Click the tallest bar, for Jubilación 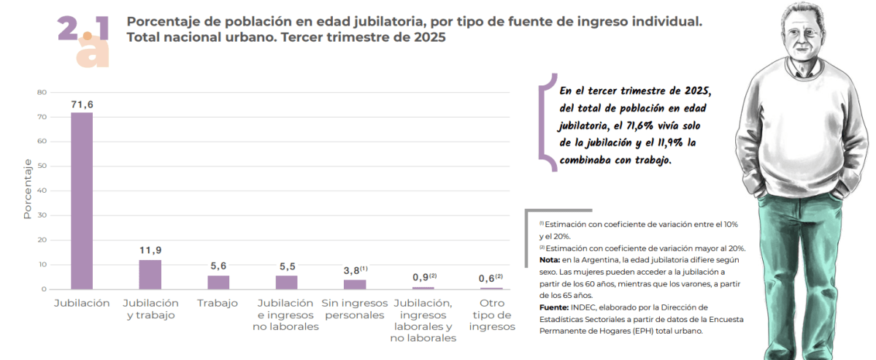[82, 201]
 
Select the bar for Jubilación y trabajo [150, 275]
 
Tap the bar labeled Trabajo [218, 283]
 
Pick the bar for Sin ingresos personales [355, 285]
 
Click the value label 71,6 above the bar [82, 104]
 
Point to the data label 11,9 [150, 250]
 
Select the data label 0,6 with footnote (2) [491, 277]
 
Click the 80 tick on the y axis [42, 92]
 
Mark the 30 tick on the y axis [42, 215]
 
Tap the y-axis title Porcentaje [27, 188]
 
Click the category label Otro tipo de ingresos [492, 315]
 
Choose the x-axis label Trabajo [218, 303]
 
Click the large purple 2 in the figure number [67, 28]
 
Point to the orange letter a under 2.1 [93, 55]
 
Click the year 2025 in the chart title [430, 37]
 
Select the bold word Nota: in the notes [550, 260]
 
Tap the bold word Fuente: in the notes [554, 307]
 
